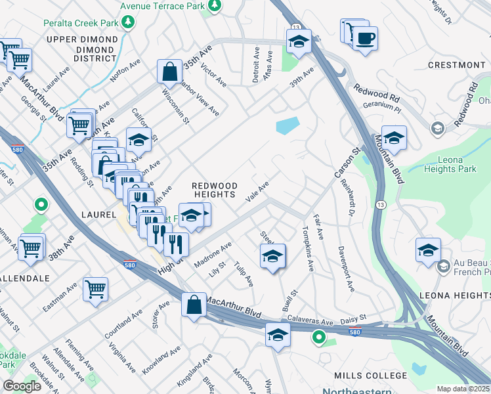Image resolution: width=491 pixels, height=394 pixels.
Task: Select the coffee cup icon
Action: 365,37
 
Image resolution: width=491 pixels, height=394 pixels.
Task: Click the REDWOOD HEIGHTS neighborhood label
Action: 213,190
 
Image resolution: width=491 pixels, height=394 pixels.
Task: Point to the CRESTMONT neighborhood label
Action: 456,65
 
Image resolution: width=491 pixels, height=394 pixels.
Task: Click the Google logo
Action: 22,386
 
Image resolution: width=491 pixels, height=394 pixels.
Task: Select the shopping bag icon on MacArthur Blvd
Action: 193,305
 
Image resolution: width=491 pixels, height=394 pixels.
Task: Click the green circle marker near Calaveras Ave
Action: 319,338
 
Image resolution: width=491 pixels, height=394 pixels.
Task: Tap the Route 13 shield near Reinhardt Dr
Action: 380,206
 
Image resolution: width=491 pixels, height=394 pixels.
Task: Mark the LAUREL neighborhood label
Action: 98,214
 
